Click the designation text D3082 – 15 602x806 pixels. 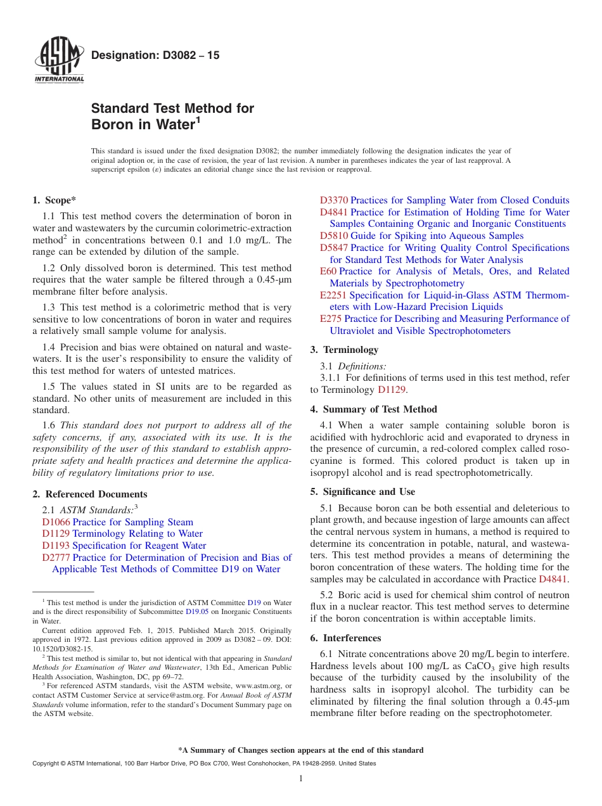[155, 56]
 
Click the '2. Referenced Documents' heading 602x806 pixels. [90, 494]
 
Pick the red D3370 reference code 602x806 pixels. [334, 200]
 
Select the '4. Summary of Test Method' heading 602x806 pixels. [373, 409]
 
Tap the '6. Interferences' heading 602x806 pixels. [345, 638]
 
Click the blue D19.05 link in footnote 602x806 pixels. [196, 612]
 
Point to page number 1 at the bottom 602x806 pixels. [301, 778]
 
